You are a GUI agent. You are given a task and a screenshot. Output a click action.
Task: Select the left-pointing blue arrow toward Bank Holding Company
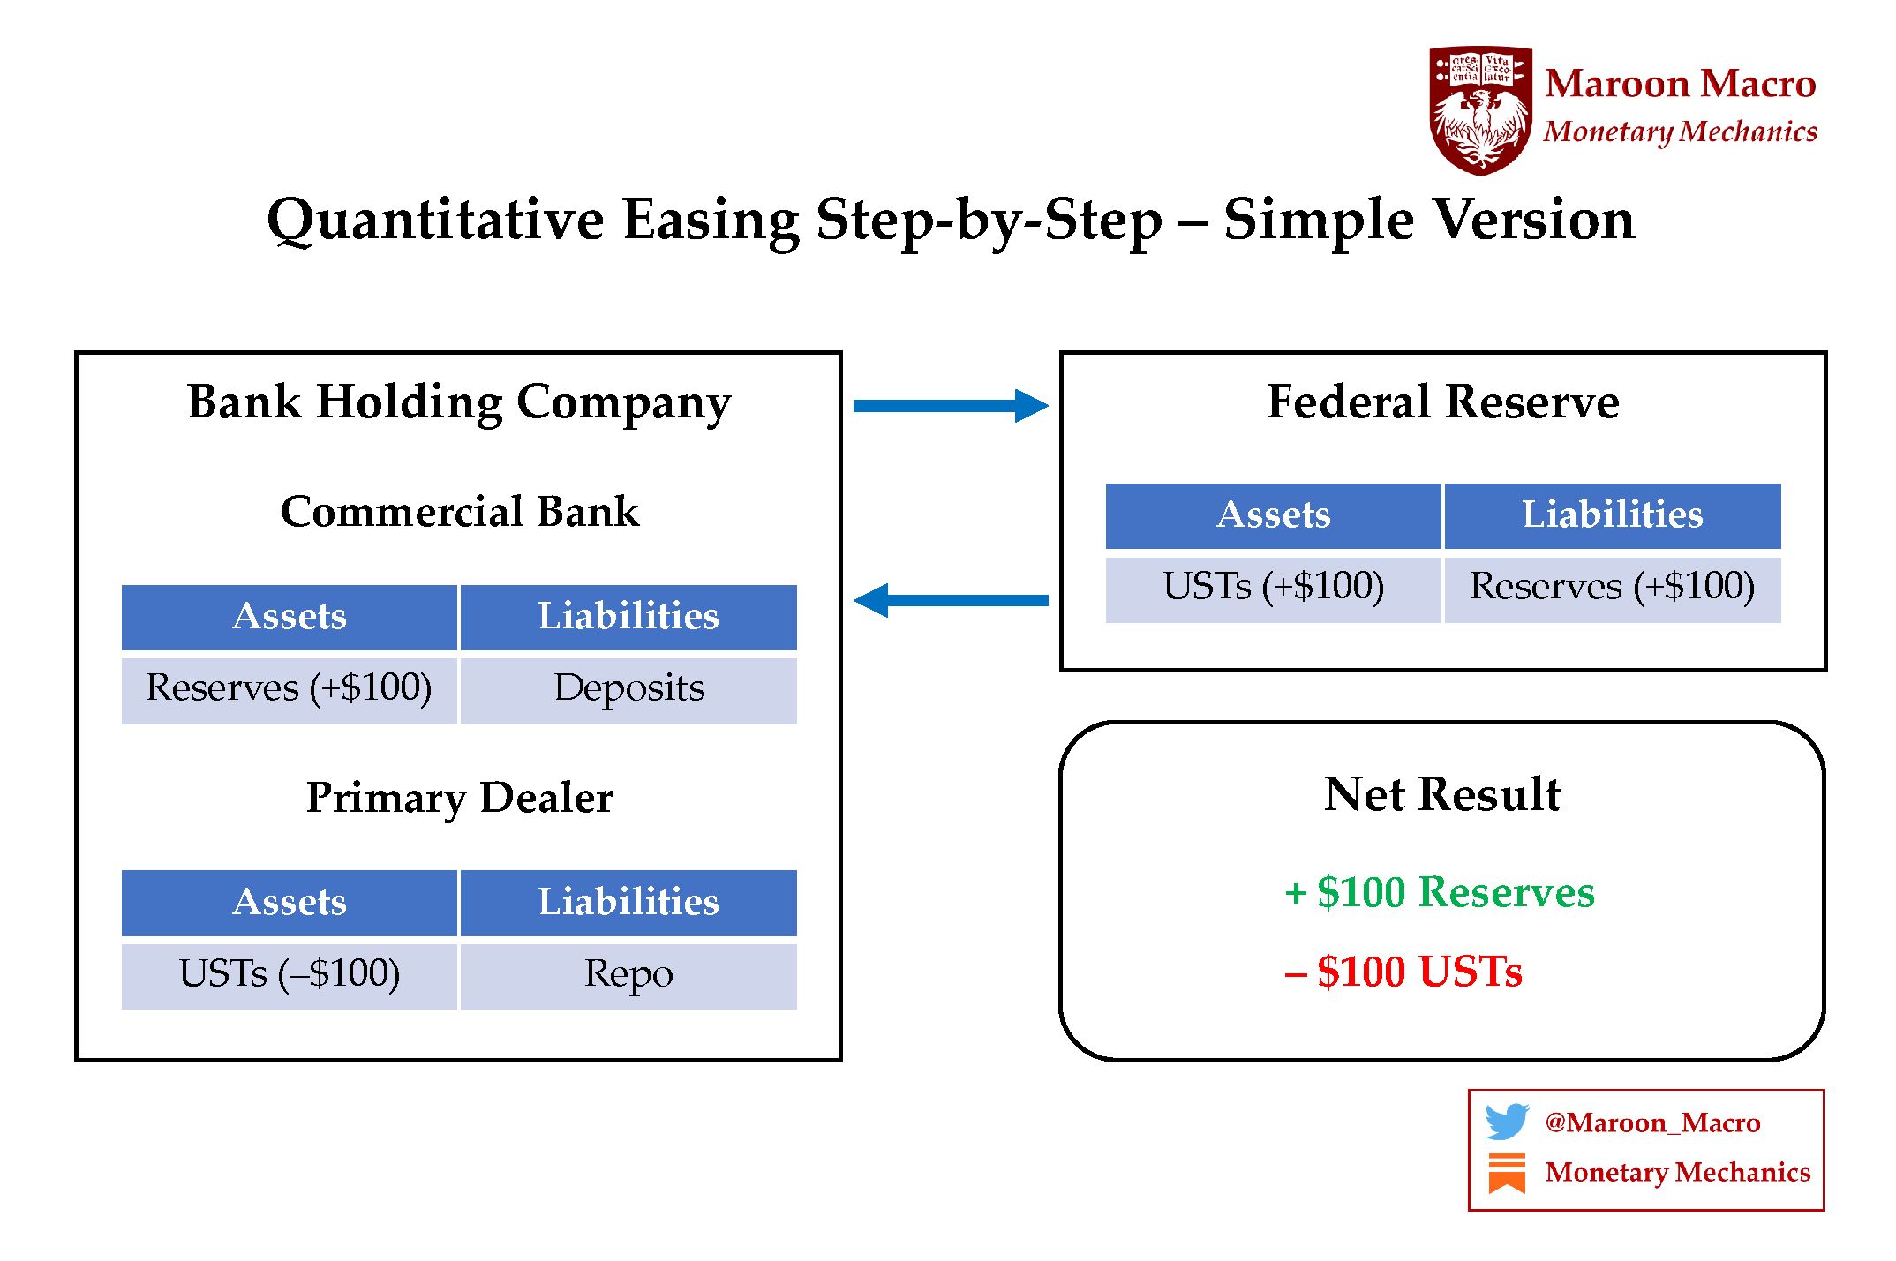click(x=951, y=600)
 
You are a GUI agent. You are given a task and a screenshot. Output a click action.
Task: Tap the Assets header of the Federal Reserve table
click(x=1273, y=515)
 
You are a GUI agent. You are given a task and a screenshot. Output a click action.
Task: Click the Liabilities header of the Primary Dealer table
click(x=628, y=903)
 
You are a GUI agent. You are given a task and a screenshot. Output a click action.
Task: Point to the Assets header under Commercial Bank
click(x=290, y=617)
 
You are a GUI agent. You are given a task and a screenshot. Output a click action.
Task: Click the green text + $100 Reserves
click(x=1440, y=892)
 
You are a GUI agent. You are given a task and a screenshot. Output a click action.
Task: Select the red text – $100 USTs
click(x=1403, y=972)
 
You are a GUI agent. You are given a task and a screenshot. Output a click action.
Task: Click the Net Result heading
click(x=1442, y=794)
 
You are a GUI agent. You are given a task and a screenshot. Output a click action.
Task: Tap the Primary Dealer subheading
click(x=459, y=798)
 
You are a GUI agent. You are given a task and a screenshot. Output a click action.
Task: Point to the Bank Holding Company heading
click(x=459, y=402)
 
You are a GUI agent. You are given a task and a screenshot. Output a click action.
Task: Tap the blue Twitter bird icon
click(x=1506, y=1122)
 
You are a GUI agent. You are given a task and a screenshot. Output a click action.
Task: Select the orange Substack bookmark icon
click(x=1506, y=1173)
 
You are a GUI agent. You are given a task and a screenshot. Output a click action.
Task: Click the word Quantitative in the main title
click(x=435, y=221)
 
